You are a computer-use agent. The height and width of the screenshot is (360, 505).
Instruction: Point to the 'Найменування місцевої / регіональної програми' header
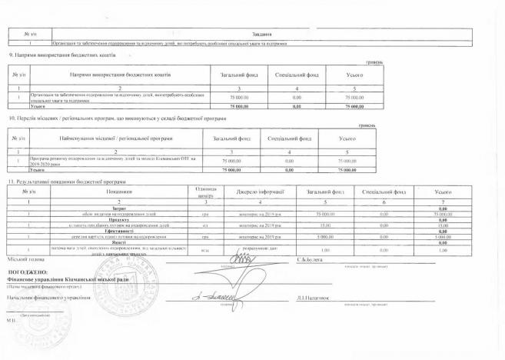tap(115, 138)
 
